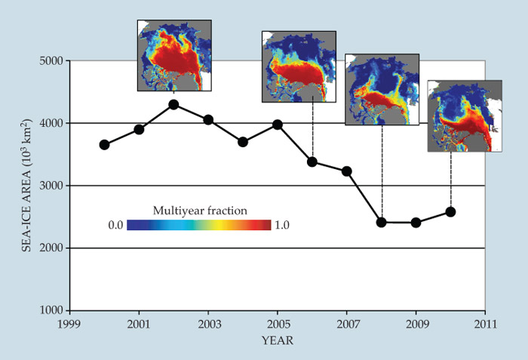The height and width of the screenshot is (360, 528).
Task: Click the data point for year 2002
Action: click(173, 105)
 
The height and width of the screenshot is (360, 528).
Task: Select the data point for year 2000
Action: click(104, 145)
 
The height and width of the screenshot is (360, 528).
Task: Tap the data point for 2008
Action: click(382, 222)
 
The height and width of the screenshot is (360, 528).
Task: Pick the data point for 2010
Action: click(451, 212)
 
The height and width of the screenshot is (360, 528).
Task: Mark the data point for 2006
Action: click(312, 162)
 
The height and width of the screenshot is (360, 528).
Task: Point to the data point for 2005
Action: click(278, 125)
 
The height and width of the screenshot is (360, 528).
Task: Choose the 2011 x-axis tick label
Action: click(485, 324)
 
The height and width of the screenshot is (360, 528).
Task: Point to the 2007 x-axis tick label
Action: click(346, 324)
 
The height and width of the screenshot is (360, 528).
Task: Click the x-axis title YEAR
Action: click(277, 340)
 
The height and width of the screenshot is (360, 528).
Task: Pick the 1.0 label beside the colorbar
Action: click(282, 225)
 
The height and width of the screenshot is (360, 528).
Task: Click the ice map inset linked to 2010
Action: click(464, 115)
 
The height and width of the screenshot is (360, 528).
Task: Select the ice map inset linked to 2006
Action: click(298, 66)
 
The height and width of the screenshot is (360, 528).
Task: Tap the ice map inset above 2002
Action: click(173, 55)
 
